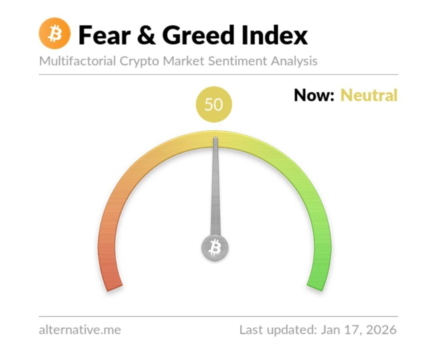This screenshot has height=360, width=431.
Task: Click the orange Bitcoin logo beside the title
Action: pos(54,33)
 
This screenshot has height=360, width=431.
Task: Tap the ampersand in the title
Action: pos(146,35)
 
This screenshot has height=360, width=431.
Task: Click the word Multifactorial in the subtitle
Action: pos(77,61)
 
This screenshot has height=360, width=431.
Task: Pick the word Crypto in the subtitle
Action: pos(139,61)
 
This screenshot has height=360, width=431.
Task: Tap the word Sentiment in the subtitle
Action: pos(237,61)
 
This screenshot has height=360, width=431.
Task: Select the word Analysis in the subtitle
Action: pos(294,61)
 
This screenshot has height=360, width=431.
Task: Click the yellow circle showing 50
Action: pos(214,104)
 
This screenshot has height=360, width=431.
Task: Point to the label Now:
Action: pos(314,95)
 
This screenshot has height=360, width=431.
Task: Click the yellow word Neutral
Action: pos(369,95)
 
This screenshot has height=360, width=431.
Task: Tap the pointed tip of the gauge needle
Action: pos(215,138)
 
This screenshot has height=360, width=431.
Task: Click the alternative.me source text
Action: pos(80,330)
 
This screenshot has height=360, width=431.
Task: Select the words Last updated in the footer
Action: pos(278,330)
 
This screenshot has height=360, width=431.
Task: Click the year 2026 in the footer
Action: pos(381,330)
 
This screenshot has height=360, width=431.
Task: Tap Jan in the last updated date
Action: pos(330,330)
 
